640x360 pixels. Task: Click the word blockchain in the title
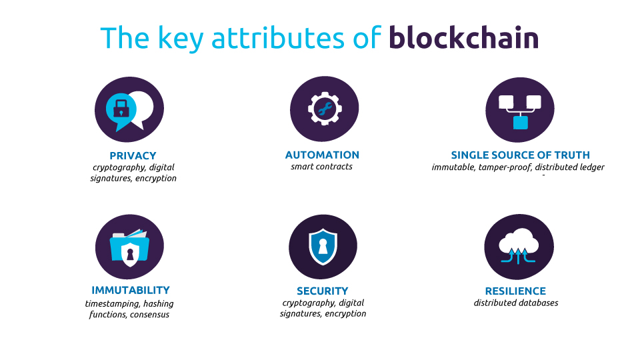tap(464, 37)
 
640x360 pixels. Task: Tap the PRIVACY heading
tap(133, 156)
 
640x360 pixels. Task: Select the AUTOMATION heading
tap(322, 155)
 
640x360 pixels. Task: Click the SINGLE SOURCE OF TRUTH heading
tap(521, 155)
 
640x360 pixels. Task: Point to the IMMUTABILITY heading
tap(131, 290)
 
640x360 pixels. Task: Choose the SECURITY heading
tap(323, 291)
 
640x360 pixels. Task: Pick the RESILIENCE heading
tap(515, 291)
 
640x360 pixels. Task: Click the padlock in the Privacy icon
tap(121, 108)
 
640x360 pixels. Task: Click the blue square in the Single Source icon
tap(521, 123)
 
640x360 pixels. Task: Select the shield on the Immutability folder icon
tap(130, 254)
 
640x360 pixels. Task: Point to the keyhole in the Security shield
tap(323, 246)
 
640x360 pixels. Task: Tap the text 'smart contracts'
tap(321, 167)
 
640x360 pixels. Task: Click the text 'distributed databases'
tap(516, 303)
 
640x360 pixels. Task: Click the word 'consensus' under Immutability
tap(150, 315)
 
